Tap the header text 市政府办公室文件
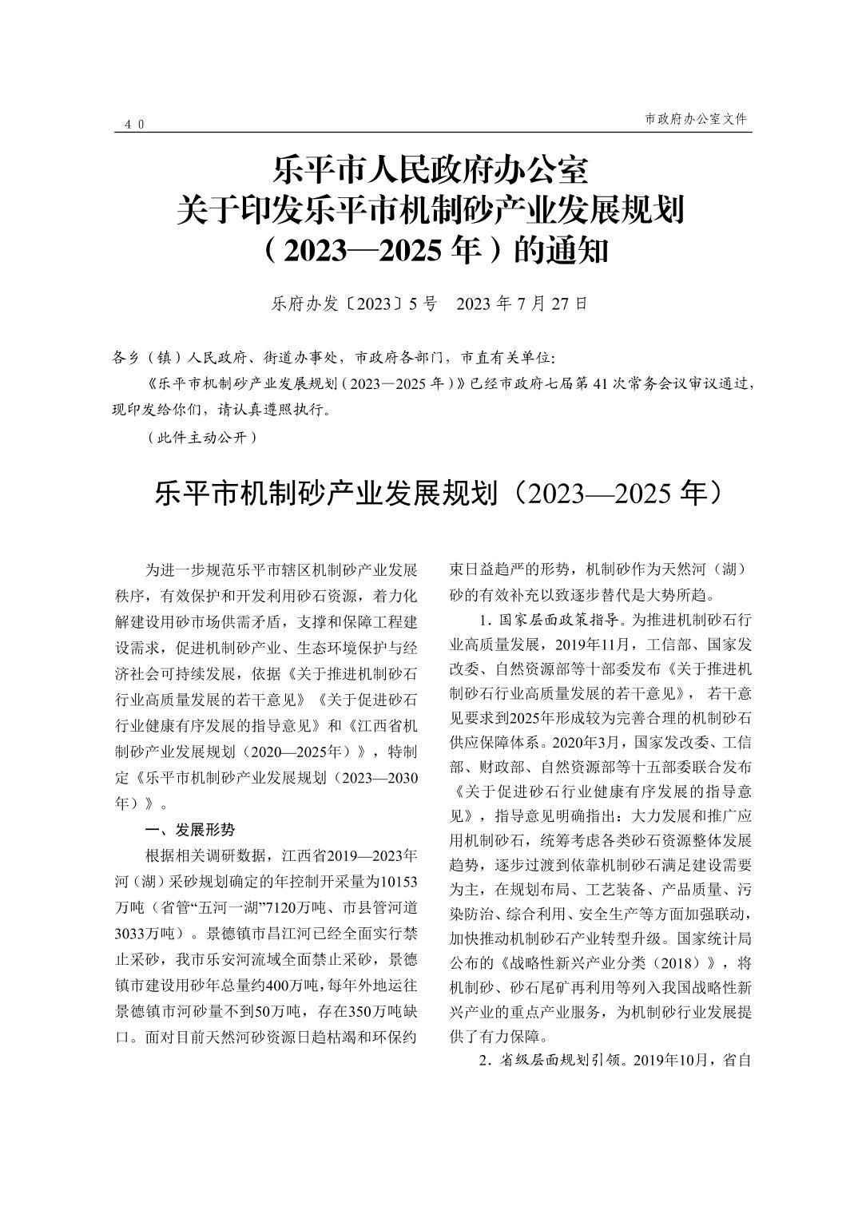[x=695, y=118]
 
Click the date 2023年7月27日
[x=522, y=304]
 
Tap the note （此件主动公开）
[x=202, y=437]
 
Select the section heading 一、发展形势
[x=189, y=829]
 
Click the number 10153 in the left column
[x=397, y=881]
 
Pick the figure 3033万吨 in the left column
[x=149, y=933]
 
